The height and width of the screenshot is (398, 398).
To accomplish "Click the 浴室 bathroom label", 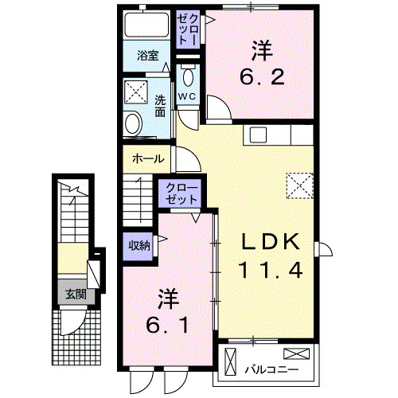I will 147,56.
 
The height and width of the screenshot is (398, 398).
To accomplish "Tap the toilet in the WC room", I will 188,77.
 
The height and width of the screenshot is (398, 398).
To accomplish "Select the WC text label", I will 187,96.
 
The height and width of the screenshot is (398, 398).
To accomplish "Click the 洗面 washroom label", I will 160,107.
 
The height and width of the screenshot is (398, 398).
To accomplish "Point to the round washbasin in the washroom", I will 133,124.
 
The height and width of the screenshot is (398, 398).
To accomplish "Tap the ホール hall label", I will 149,158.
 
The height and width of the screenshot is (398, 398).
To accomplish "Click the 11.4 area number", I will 270,271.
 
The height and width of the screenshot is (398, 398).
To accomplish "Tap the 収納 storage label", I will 140,245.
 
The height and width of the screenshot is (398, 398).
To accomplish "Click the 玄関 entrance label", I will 76,295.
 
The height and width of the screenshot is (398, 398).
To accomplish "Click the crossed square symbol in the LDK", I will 300,185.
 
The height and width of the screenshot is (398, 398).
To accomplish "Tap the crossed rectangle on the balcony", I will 294,354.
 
